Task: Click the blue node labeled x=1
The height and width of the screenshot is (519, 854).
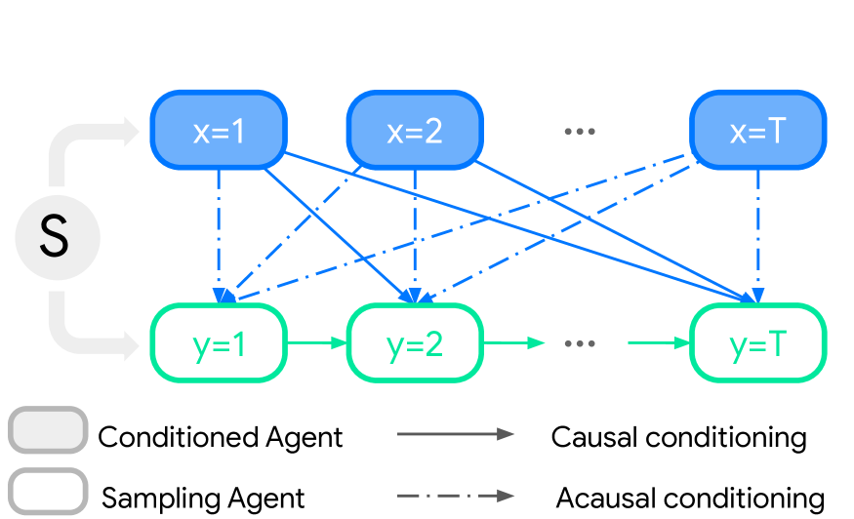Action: (219, 131)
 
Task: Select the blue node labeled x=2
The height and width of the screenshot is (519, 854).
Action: (416, 131)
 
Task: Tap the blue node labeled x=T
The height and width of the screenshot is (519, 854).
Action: (757, 131)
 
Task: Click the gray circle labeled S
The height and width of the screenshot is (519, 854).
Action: (57, 238)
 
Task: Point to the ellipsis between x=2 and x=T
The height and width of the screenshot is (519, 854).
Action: (580, 132)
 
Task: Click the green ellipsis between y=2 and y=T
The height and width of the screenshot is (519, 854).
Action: (580, 343)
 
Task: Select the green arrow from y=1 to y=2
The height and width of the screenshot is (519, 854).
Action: (316, 343)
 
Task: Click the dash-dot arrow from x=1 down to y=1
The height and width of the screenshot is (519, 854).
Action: (219, 234)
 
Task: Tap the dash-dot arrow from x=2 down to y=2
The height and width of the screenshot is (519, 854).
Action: (417, 234)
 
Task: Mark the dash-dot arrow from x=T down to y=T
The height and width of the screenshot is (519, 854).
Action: (757, 234)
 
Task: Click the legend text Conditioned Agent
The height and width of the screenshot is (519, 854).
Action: (221, 437)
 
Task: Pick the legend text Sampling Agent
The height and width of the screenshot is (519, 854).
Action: (204, 499)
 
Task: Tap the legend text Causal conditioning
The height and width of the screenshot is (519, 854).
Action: (678, 437)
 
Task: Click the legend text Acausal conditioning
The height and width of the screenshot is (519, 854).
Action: (690, 499)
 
